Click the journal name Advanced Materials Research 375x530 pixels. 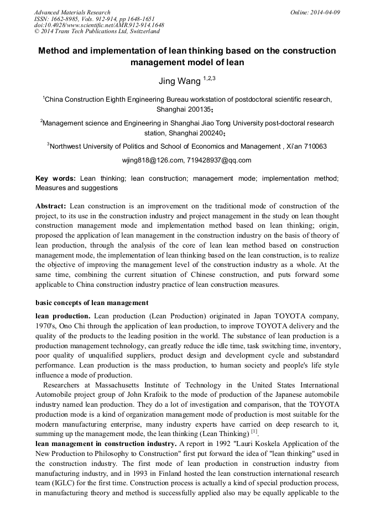tap(72, 12)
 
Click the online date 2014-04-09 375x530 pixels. tap(327, 12)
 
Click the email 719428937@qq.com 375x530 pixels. tap(220, 160)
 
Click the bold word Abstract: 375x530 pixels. tap(51, 206)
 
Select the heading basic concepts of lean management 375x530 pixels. tap(92, 303)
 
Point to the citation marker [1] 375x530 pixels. tap(254, 431)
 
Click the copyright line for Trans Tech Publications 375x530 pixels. tap(97, 32)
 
